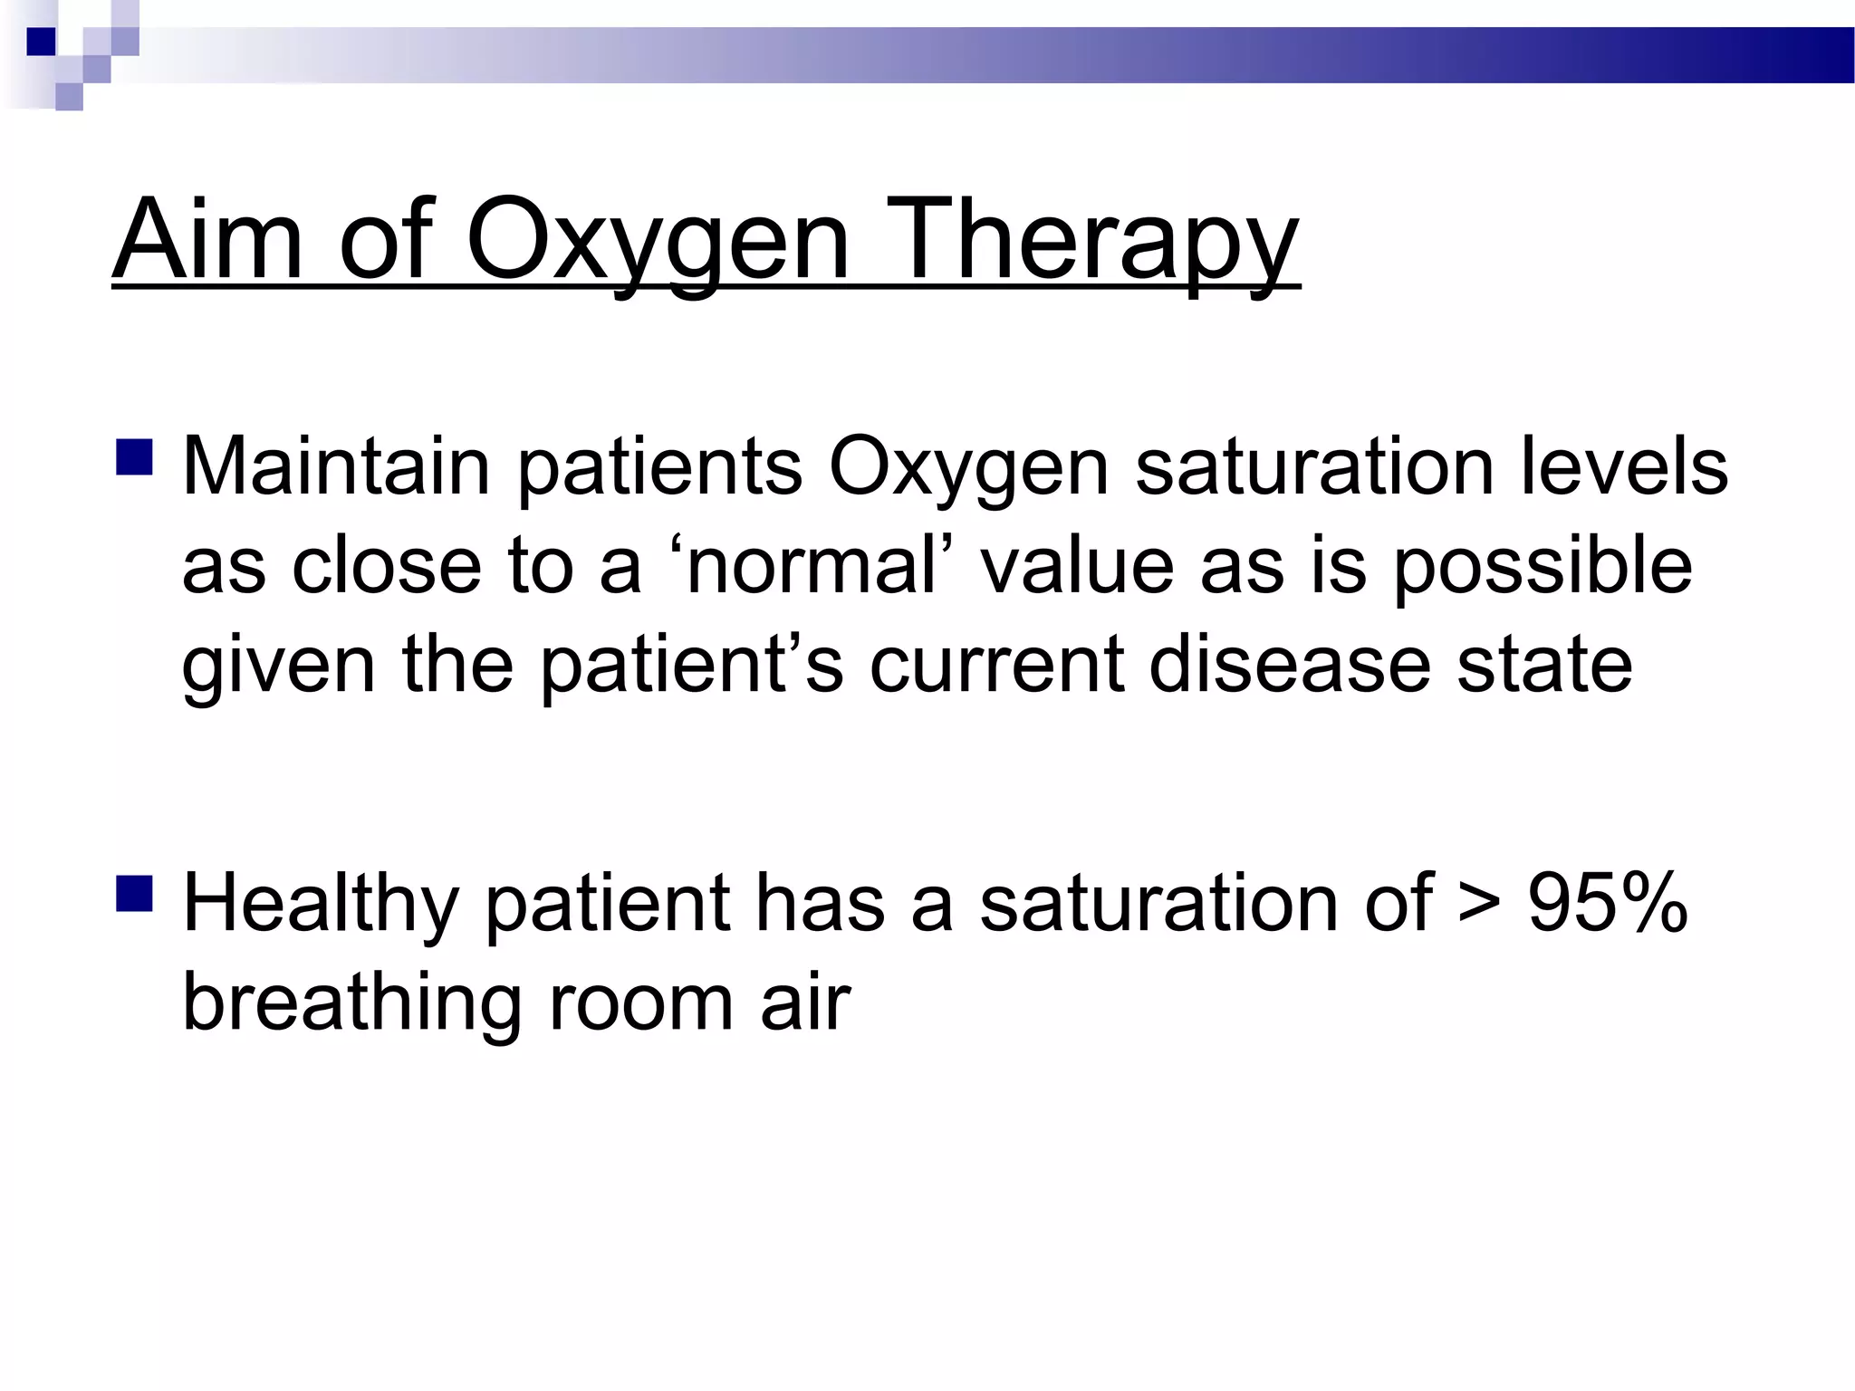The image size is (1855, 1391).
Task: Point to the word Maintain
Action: point(335,467)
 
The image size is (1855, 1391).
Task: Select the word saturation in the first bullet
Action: point(1313,467)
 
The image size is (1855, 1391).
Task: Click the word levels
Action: point(1623,467)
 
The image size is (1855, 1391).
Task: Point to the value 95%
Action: point(1608,904)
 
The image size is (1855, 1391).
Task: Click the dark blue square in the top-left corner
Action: point(41,42)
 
